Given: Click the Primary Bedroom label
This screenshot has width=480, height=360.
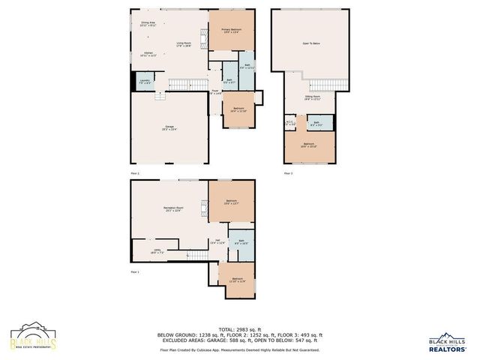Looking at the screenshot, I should coord(230,30).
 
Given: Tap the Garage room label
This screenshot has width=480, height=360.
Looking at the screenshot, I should coord(170,127).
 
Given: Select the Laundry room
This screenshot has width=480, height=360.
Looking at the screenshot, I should coord(145,82).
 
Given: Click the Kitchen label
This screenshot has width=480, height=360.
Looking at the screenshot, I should coord(148,53).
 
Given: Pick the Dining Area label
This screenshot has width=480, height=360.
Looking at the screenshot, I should coord(148,24).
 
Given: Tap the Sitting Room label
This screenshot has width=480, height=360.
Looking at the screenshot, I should coord(313,98).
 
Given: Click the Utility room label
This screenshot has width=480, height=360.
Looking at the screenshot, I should coord(157,251).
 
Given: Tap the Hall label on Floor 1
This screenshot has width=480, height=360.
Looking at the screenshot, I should coord(217,241).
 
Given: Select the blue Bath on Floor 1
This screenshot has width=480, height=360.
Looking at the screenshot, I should coord(241,243).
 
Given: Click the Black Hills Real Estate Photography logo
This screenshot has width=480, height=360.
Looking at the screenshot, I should coord(31,337).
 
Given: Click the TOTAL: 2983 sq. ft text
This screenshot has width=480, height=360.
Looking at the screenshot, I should coord(239,329).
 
